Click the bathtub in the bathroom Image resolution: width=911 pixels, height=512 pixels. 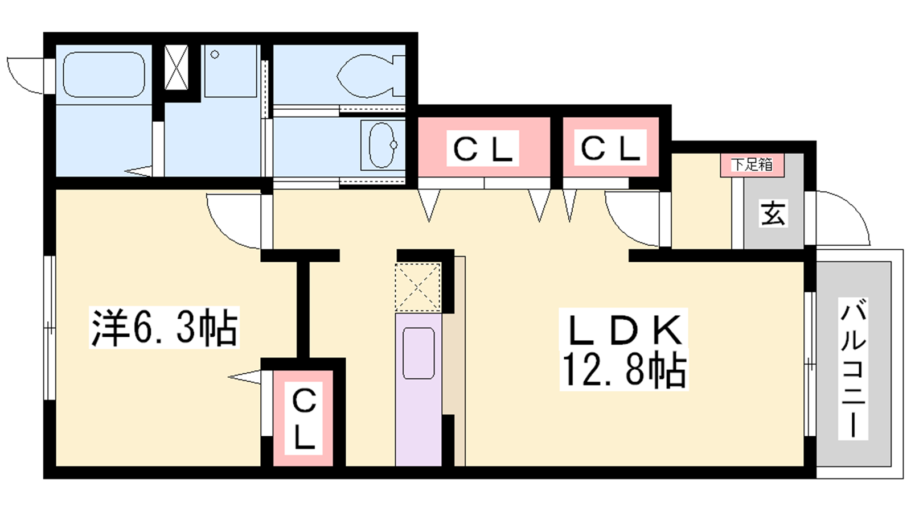click(x=103, y=75)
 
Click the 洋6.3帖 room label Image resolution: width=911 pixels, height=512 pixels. click(x=164, y=328)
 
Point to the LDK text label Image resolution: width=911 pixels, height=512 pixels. click(x=624, y=329)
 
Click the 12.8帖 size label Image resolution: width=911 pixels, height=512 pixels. click(x=624, y=370)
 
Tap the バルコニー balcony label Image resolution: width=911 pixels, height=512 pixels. click(x=852, y=370)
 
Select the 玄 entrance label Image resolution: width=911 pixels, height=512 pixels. click(x=773, y=214)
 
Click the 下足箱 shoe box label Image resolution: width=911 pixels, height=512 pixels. click(x=752, y=165)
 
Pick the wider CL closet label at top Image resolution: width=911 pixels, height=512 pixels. click(x=483, y=149)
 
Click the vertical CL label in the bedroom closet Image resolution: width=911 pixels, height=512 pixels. click(x=303, y=418)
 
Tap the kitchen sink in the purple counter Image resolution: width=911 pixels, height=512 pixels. click(x=418, y=353)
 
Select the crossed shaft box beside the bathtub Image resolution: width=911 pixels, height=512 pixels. click(x=176, y=68)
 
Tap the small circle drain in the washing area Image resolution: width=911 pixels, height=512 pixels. click(x=215, y=55)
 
